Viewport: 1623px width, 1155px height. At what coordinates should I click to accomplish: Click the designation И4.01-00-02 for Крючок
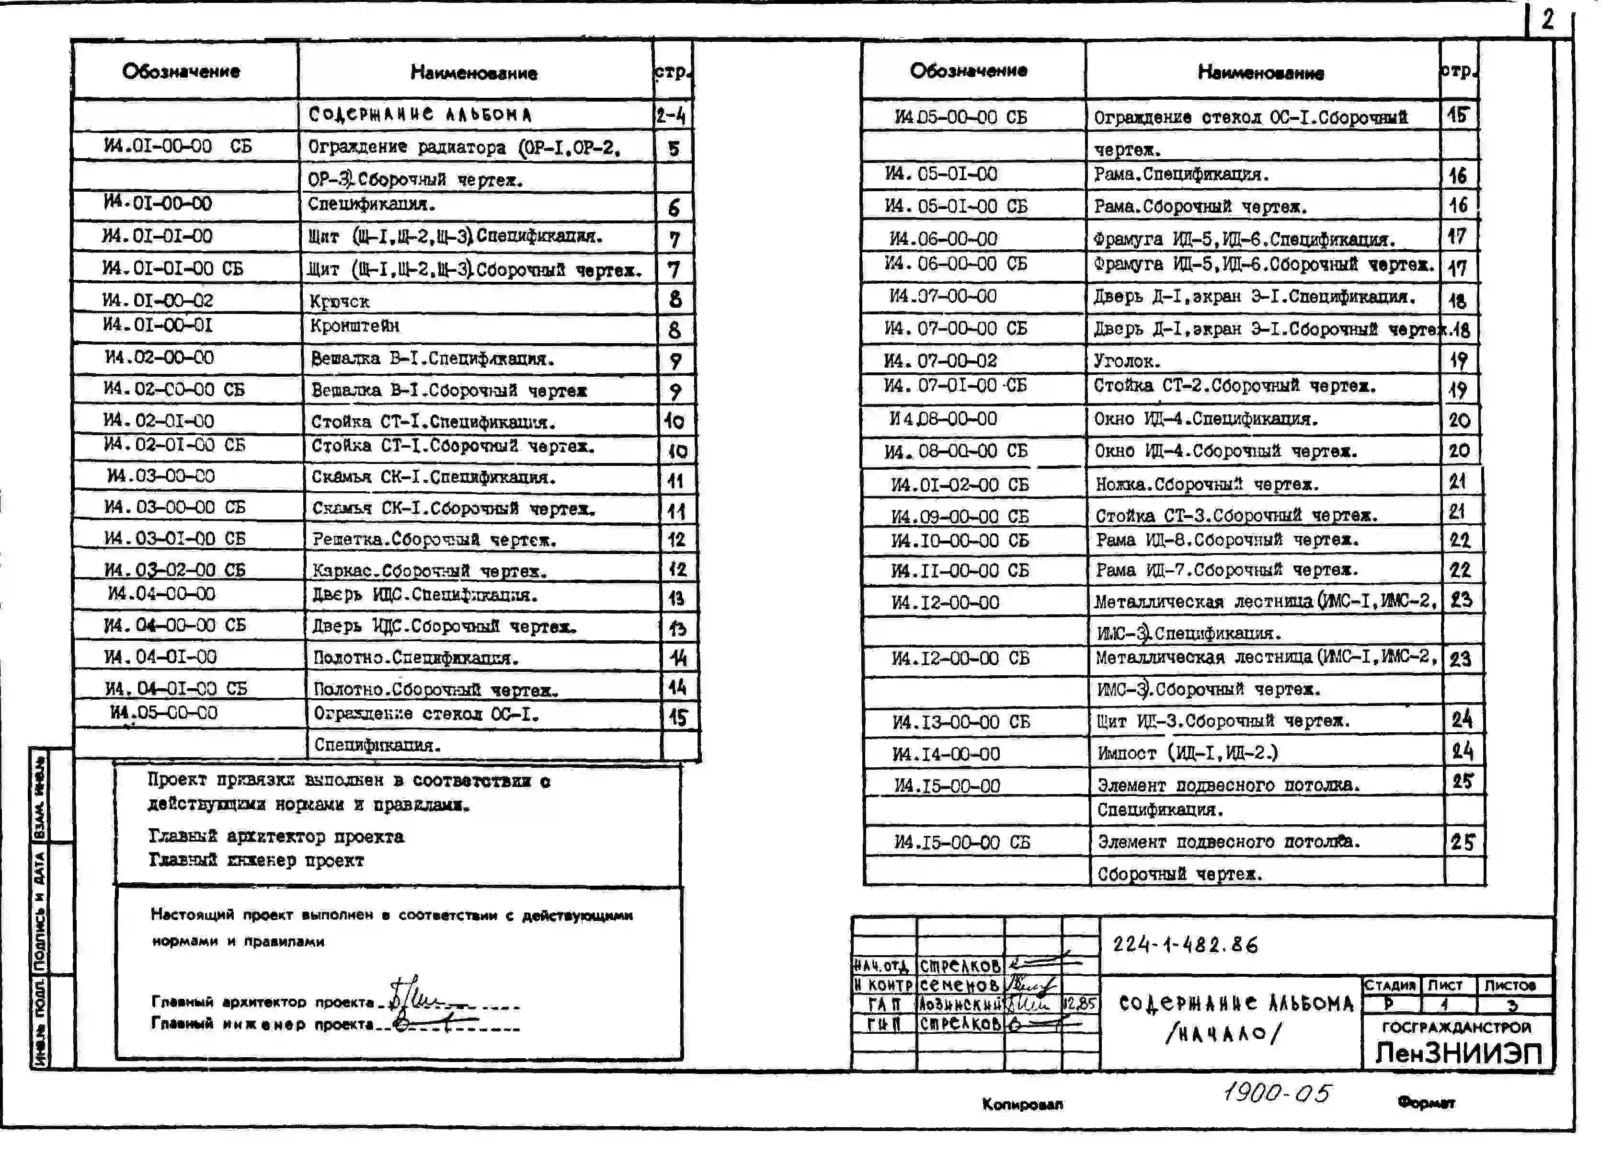157,300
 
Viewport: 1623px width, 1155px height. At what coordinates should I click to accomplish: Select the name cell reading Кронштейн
355,326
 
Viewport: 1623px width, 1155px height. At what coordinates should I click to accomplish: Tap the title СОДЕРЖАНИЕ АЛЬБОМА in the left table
420,115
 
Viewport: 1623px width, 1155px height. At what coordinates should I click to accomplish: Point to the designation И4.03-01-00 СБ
174,538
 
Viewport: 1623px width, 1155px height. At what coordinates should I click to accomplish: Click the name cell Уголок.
1127,360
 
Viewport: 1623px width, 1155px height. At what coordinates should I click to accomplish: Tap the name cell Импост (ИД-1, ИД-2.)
1187,752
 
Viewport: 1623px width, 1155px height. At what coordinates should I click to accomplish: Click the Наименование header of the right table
1260,72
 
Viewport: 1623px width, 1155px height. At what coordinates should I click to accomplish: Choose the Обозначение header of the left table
181,70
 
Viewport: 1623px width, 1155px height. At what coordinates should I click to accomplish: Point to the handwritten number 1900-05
1276,1092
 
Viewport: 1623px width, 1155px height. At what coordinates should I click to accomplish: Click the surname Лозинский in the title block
960,1004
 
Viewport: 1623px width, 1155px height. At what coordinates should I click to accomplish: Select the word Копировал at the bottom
1022,1104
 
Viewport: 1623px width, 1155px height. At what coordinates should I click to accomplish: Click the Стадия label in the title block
1390,985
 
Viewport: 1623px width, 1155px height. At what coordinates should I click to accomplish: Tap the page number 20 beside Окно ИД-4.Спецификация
1460,420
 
